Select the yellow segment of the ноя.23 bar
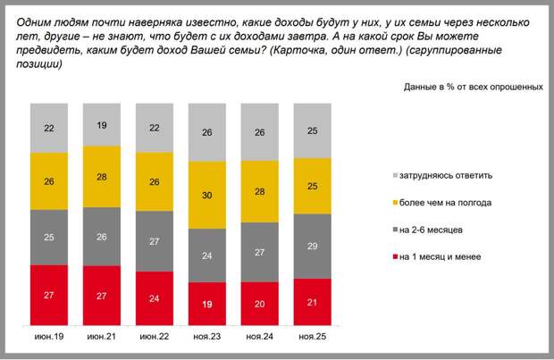pyautogui.click(x=207, y=195)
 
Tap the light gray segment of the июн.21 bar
pyautogui.click(x=102, y=124)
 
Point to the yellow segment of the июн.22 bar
pyautogui.click(x=155, y=182)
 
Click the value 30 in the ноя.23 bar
pyautogui.click(x=207, y=196)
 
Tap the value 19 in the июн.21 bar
pyautogui.click(x=102, y=125)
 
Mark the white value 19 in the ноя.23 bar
pyautogui.click(x=207, y=304)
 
